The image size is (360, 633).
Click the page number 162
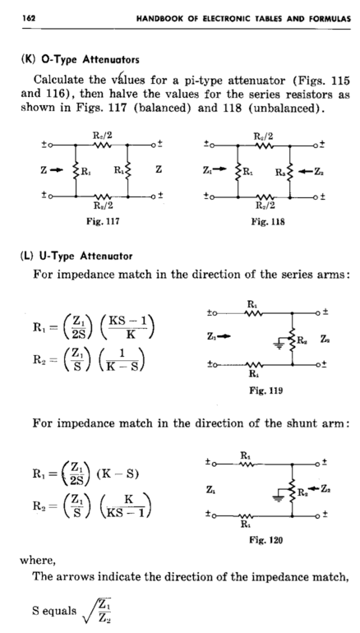click(x=29, y=18)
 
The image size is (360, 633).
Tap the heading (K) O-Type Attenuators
click(x=80, y=60)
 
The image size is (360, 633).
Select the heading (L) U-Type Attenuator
click(x=76, y=256)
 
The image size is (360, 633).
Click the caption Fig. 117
click(x=103, y=222)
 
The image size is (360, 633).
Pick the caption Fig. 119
click(x=266, y=390)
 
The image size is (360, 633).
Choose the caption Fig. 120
click(x=266, y=540)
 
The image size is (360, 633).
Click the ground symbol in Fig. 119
click(x=279, y=344)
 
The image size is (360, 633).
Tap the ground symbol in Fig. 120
click(x=278, y=497)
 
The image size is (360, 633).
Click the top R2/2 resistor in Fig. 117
click(x=102, y=145)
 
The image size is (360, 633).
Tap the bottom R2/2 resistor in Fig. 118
click(x=265, y=197)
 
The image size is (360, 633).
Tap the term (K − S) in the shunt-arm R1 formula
click(x=118, y=474)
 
